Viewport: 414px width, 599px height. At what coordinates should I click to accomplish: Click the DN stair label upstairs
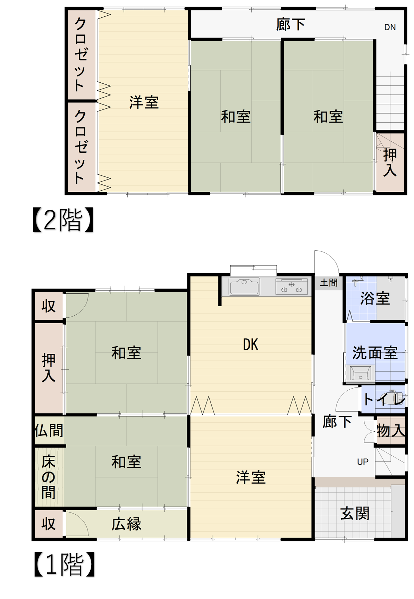(x=390, y=27)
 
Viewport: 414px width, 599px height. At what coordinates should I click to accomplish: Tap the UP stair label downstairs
(x=363, y=462)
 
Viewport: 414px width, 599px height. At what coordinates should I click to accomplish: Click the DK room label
(x=251, y=345)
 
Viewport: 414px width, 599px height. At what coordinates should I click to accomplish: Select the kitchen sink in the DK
(x=244, y=287)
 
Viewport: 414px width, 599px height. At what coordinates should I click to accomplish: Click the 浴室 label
(x=375, y=299)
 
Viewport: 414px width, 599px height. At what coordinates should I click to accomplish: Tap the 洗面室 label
(x=375, y=353)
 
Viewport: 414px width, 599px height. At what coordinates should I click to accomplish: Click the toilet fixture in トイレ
(x=396, y=398)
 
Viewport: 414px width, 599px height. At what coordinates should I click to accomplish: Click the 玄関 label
(x=355, y=513)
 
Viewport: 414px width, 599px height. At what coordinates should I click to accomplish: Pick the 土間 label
(x=329, y=283)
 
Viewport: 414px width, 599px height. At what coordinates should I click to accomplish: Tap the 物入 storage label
(x=391, y=431)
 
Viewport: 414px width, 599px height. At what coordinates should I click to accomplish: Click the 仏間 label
(x=49, y=431)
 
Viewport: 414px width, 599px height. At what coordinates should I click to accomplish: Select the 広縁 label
(x=126, y=524)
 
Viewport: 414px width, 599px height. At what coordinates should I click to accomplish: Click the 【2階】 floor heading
(x=63, y=220)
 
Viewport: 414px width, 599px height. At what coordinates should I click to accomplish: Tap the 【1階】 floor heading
(x=64, y=565)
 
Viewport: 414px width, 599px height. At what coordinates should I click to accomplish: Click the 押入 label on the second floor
(x=390, y=162)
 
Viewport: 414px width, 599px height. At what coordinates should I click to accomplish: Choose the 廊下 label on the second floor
(x=290, y=25)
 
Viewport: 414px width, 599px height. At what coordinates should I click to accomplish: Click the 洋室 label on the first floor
(x=251, y=477)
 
